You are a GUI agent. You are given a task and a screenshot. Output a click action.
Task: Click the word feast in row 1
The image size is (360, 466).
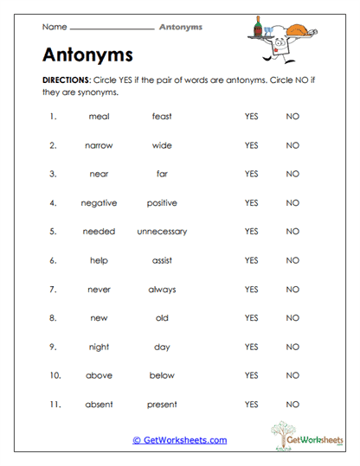pyautogui.click(x=162, y=117)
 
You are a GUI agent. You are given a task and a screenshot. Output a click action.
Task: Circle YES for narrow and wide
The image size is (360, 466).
pyautogui.click(x=252, y=145)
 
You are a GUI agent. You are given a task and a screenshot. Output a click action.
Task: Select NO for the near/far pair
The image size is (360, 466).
pyautogui.click(x=292, y=174)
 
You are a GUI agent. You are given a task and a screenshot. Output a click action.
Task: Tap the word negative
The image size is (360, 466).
pyautogui.click(x=99, y=203)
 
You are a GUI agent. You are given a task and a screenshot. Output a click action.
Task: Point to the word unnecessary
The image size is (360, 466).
pyautogui.click(x=162, y=232)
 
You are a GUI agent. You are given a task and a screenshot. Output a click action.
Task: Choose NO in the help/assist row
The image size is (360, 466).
pyautogui.click(x=292, y=260)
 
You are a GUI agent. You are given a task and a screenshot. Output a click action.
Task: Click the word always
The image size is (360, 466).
pyautogui.click(x=162, y=289)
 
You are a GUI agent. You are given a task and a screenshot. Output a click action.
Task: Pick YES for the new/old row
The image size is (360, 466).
pyautogui.click(x=252, y=318)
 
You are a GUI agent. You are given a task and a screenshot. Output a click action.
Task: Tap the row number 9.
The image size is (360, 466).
pyautogui.click(x=53, y=347)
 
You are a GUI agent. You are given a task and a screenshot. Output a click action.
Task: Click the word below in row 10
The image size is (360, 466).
pyautogui.click(x=162, y=375)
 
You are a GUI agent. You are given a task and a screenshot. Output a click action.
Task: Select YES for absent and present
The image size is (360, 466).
pyautogui.click(x=252, y=404)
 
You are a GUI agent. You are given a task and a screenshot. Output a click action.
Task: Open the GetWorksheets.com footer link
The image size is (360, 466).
pyautogui.click(x=180, y=440)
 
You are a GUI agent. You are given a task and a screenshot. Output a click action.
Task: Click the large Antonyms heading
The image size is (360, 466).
pyautogui.click(x=87, y=54)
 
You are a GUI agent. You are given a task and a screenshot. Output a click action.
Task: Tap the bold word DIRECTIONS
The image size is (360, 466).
pyautogui.click(x=65, y=79)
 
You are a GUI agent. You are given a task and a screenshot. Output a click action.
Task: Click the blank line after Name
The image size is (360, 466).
pyautogui.click(x=110, y=28)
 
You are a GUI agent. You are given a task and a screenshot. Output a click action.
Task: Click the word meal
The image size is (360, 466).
pyautogui.click(x=99, y=117)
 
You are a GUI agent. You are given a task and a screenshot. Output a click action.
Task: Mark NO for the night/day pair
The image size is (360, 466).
pyautogui.click(x=292, y=347)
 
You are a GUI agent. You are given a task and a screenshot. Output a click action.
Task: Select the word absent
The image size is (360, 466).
pyautogui.click(x=99, y=404)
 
